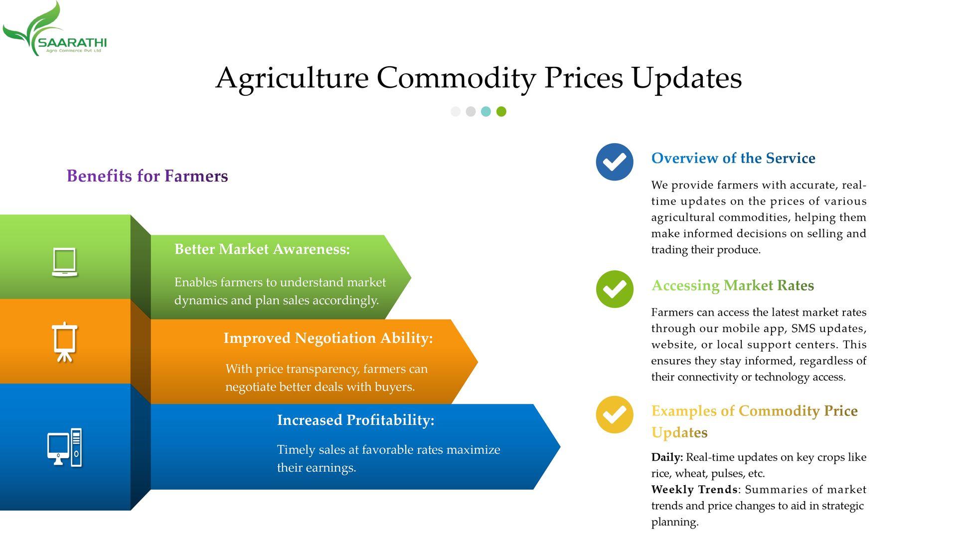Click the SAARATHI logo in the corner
coord(54,29)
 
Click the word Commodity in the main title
coord(456,78)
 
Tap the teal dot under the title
coord(486,112)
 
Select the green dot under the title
coord(501,112)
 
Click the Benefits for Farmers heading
coord(148,176)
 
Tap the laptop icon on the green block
coord(65,262)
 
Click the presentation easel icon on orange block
coord(65,342)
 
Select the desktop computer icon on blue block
coord(65,447)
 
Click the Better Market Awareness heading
coord(262,249)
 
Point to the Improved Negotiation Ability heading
coord(328,338)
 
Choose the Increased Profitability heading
coord(356,420)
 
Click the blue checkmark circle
coord(615,162)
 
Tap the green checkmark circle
coord(615,289)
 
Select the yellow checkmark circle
coord(615,415)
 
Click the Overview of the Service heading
coord(733,159)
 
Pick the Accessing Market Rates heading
coord(733,286)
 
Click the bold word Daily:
coord(667,457)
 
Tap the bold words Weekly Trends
coord(694,489)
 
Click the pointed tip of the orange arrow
coord(478,361)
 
